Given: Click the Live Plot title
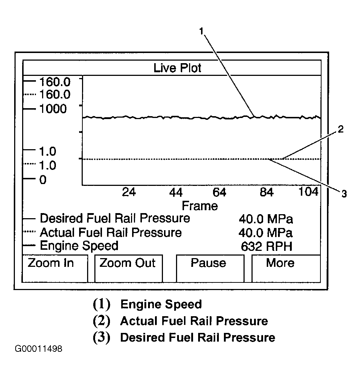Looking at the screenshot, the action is [177, 68].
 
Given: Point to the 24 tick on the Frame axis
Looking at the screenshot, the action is [129, 192].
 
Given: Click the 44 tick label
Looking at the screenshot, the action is [176, 192].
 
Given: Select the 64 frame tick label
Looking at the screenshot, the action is [219, 192].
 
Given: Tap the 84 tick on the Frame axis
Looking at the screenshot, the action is [267, 192].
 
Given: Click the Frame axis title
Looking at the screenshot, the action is [200, 206].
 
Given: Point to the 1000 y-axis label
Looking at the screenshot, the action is [53, 109].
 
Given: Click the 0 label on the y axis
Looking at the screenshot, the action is [43, 180].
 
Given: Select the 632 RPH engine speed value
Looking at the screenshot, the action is [266, 246].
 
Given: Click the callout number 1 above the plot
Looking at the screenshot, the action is [202, 32].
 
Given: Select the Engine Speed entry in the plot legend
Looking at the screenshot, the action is [79, 246].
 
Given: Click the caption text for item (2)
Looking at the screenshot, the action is [194, 321].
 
